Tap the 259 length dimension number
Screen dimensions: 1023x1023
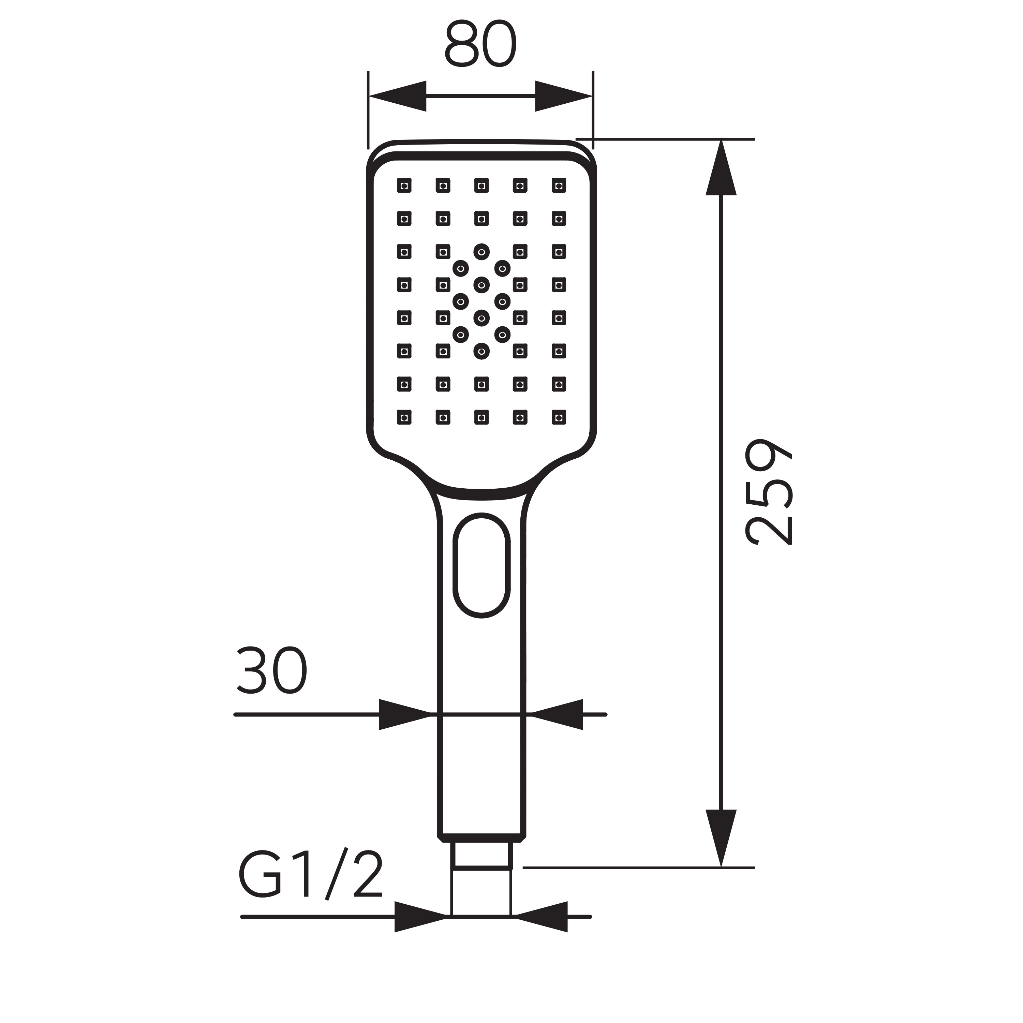click(769, 492)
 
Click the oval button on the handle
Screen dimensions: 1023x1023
click(481, 565)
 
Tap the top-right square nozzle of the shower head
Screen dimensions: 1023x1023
click(559, 185)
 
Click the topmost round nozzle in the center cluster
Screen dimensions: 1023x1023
click(481, 252)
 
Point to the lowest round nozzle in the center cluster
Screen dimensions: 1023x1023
click(481, 351)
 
